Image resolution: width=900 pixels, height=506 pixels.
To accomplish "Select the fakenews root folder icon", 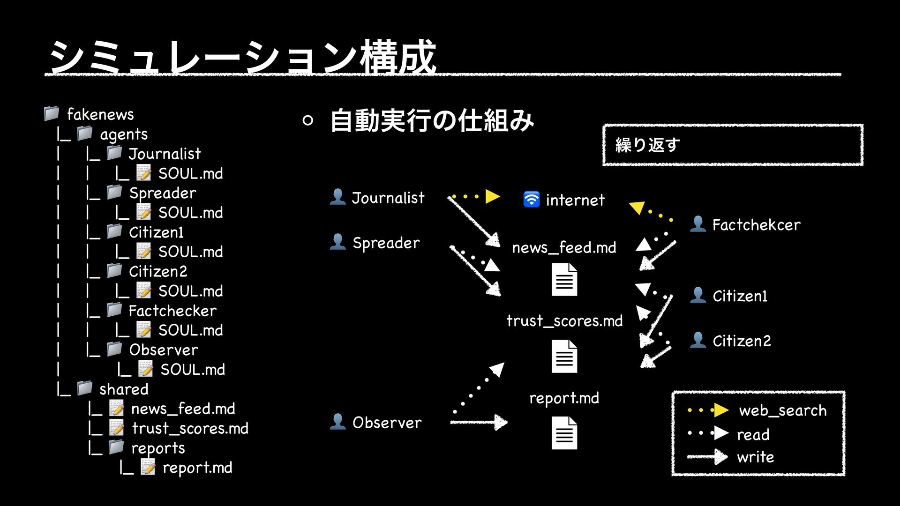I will click(52, 113).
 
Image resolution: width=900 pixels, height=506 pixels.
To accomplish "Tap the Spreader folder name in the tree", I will click(162, 193).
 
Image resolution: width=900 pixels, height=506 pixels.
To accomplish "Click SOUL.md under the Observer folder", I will click(192, 370).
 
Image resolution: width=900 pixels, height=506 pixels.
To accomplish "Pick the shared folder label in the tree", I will click(124, 389).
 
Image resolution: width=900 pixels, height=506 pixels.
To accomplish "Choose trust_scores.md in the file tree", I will click(190, 428).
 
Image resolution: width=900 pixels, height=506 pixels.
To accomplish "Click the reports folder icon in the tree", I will click(116, 447).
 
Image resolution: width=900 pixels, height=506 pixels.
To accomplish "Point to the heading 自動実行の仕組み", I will click(432, 120).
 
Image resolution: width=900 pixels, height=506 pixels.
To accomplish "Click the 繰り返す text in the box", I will click(647, 145).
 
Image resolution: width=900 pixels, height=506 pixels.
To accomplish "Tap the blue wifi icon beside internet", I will click(531, 199).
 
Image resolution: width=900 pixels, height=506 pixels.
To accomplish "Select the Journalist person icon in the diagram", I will click(337, 197).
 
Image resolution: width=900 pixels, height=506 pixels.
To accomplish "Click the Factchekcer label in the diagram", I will click(756, 225).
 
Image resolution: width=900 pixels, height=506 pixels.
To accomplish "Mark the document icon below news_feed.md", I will click(564, 280).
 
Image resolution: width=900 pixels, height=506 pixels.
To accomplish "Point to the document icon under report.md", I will click(564, 433).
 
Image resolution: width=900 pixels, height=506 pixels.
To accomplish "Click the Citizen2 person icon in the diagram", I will click(698, 340).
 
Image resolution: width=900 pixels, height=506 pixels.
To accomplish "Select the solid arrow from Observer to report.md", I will click(479, 422).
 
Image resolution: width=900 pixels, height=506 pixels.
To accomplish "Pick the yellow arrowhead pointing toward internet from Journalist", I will click(492, 196).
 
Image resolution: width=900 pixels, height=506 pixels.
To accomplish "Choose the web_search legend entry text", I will click(782, 410).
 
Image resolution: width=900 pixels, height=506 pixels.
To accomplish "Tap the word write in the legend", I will click(755, 457).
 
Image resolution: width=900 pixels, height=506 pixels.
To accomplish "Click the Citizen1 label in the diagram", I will click(740, 296).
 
